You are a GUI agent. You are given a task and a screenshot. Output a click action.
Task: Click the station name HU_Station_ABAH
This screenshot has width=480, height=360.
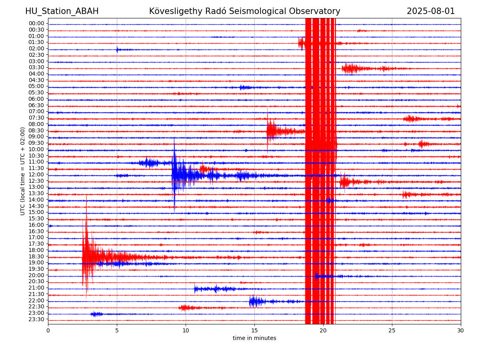(62, 11)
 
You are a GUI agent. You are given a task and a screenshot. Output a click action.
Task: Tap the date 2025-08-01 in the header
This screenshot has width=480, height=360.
(430, 11)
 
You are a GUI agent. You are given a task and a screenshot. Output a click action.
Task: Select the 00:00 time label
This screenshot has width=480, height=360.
(36, 23)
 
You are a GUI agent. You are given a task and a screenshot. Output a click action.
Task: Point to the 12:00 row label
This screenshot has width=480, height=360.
(36, 174)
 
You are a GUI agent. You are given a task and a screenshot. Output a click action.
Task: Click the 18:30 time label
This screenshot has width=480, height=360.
(36, 256)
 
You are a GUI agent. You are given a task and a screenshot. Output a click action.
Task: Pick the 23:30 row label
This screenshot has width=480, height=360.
(36, 319)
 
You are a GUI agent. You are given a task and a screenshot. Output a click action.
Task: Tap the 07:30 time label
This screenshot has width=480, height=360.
(36, 118)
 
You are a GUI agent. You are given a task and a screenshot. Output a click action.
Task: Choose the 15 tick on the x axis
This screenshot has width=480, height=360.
(254, 330)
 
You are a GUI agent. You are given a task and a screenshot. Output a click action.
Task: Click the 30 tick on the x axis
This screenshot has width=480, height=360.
(460, 330)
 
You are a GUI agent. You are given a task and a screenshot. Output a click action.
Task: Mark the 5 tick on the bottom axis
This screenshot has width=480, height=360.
(117, 330)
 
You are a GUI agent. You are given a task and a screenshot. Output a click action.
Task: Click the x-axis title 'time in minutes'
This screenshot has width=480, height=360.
(254, 338)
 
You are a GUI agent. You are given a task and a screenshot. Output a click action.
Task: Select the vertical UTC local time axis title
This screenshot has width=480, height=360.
(22, 171)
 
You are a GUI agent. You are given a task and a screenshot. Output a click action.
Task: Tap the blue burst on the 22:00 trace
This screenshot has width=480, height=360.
(257, 302)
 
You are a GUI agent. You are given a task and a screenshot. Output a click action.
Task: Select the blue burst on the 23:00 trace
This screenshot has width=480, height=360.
(97, 314)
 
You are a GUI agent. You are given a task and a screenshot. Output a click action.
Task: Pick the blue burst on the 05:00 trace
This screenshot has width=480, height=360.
(246, 88)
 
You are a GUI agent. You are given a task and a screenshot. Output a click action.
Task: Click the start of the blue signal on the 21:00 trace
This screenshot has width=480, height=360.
(194, 289)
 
